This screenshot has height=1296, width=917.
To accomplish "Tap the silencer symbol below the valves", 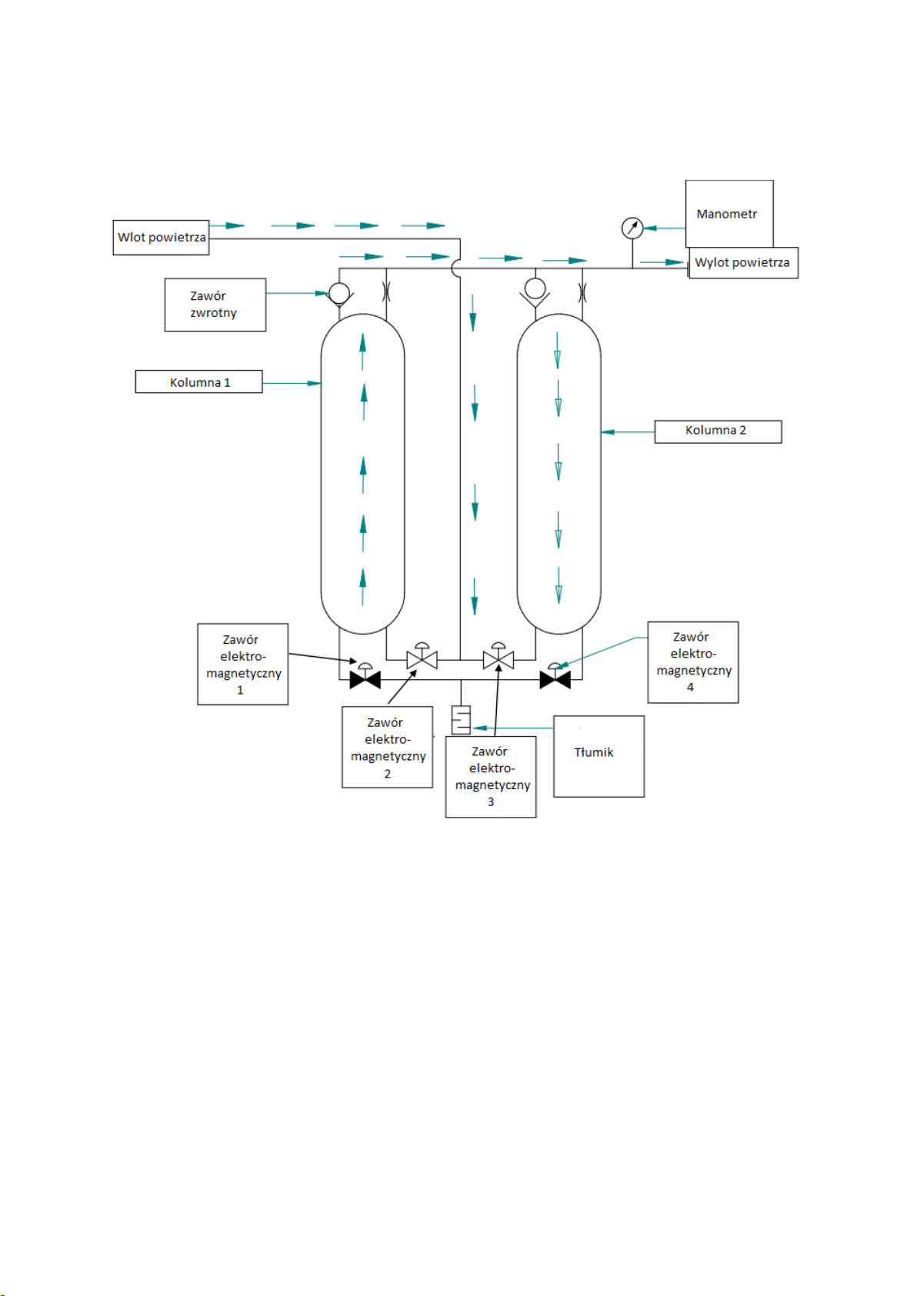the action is pyautogui.click(x=461, y=720).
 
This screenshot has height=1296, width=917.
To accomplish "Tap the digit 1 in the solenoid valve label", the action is pyautogui.click(x=240, y=690).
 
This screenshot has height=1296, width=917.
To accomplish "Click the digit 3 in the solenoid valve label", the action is pyautogui.click(x=491, y=802).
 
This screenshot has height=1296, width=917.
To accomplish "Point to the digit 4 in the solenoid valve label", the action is pyautogui.click(x=690, y=688).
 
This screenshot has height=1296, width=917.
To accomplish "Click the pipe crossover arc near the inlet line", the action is pyautogui.click(x=452, y=268).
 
